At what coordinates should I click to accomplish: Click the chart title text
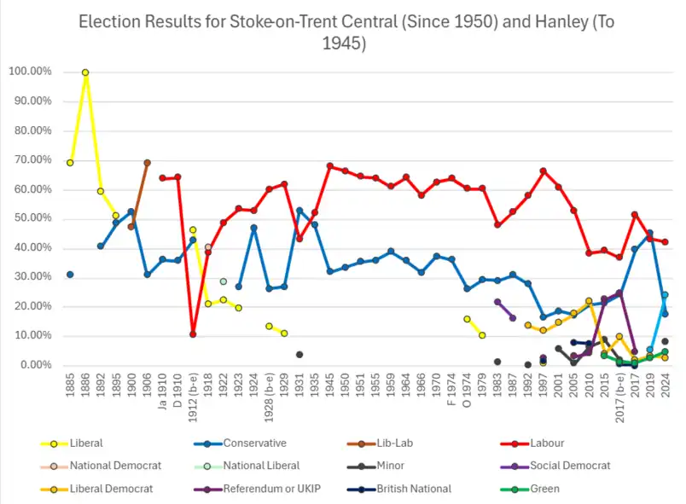342,32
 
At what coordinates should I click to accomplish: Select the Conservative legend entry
254,443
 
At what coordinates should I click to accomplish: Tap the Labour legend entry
547,443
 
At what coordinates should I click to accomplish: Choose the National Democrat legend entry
115,466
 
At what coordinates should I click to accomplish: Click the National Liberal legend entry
261,466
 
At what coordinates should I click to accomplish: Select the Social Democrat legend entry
570,466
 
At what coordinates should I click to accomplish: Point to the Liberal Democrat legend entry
111,489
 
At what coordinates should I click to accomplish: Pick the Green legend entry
544,489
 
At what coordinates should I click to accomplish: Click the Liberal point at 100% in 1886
85,72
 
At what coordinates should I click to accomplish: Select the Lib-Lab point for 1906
147,162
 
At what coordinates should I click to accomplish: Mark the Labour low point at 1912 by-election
193,334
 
